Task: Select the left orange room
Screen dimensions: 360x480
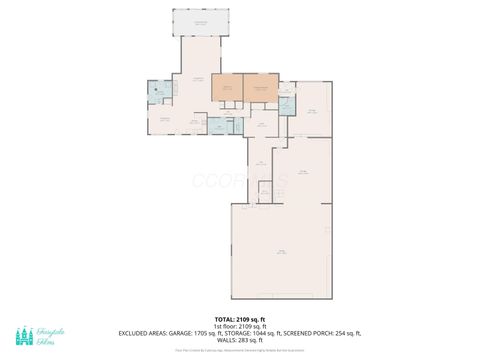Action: pyautogui.click(x=227, y=87)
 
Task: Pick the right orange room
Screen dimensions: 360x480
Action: pyautogui.click(x=260, y=87)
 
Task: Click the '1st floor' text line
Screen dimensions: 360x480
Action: pyautogui.click(x=240, y=325)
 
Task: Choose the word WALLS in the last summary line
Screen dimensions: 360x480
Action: pyautogui.click(x=227, y=339)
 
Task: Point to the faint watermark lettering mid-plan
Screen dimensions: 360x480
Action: pyautogui.click(x=240, y=181)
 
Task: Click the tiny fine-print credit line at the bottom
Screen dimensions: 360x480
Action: pyautogui.click(x=240, y=350)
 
